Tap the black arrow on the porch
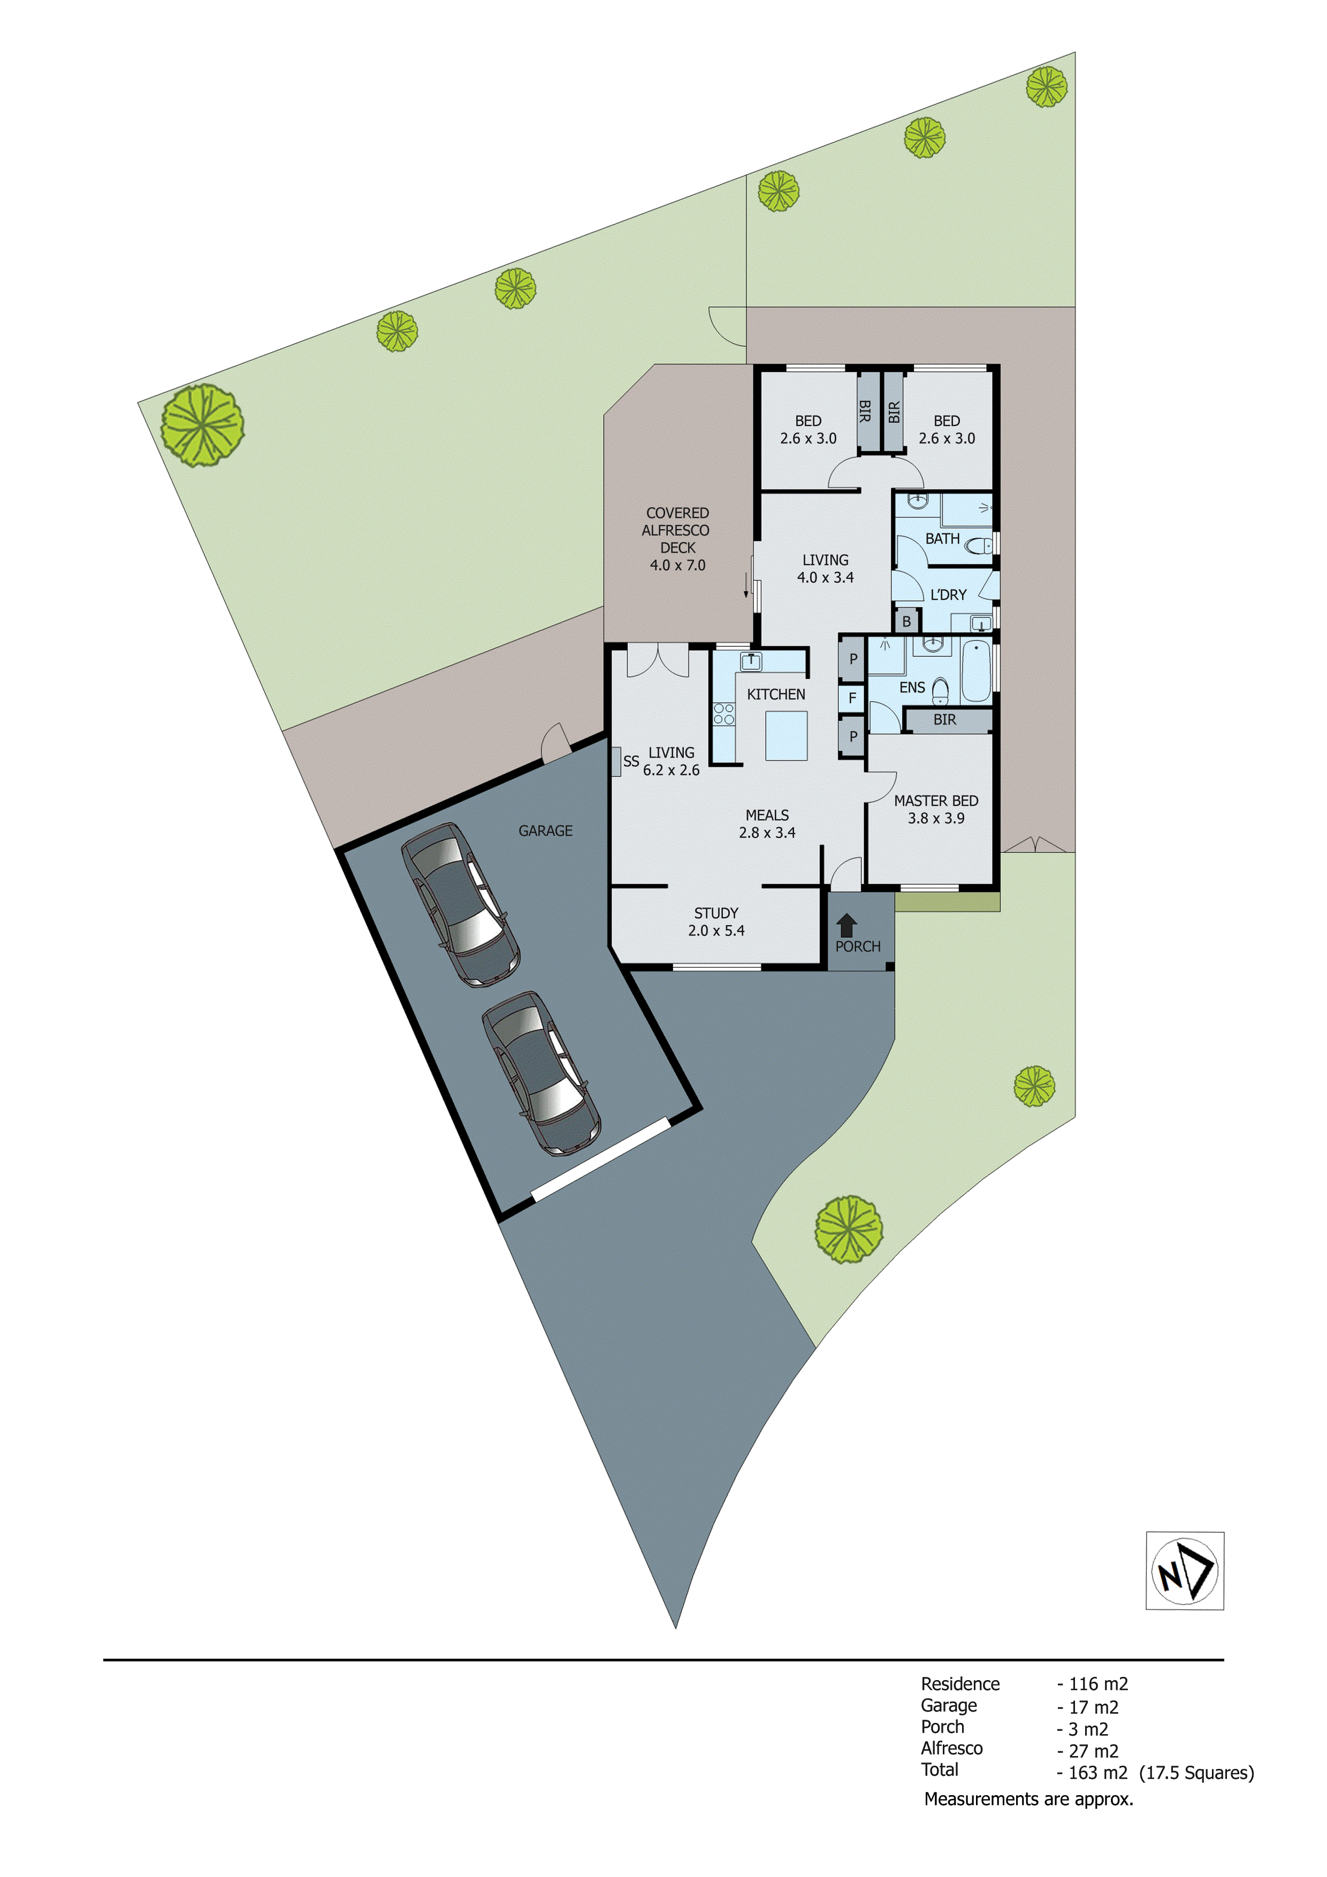point(846,925)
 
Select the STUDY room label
point(716,912)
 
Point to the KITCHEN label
point(776,694)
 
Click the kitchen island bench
point(785,736)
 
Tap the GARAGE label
point(545,830)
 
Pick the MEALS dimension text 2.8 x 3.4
point(767,832)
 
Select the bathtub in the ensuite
point(975,671)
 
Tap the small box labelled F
point(852,698)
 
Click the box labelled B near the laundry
point(906,621)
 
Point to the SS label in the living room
point(630,761)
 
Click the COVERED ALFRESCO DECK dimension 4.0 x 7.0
point(677,565)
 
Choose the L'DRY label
point(949,594)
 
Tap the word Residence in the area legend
point(960,1683)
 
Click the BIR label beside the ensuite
point(944,720)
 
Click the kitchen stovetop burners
point(723,714)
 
